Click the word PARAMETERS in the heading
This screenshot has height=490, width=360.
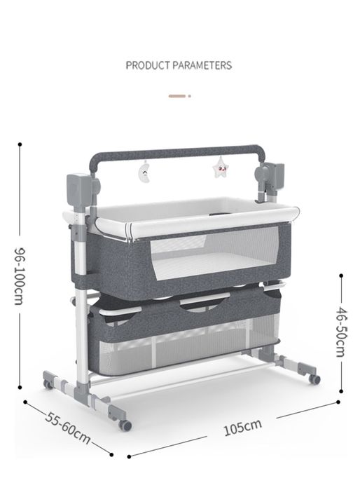pyautogui.click(x=202, y=65)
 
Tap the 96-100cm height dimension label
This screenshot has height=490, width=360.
pyautogui.click(x=20, y=275)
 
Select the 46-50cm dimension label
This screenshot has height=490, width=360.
pyautogui.click(x=341, y=332)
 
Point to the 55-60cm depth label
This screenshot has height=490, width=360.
pyautogui.click(x=68, y=428)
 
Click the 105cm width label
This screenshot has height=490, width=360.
pyautogui.click(x=242, y=427)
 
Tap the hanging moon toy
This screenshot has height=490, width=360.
pyautogui.click(x=144, y=171)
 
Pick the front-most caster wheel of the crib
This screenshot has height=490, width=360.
pyautogui.click(x=125, y=426)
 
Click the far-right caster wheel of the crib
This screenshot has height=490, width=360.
pyautogui.click(x=314, y=379)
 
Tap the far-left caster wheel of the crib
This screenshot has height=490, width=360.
pyautogui.click(x=48, y=384)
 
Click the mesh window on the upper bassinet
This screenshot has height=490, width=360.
pyautogui.click(x=214, y=252)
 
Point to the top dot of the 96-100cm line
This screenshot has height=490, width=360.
pyautogui.click(x=20, y=144)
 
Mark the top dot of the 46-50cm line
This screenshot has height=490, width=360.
pyautogui.click(x=341, y=275)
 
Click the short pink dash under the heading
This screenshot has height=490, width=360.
pyautogui.click(x=177, y=96)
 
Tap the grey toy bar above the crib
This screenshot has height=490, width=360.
pyautogui.click(x=178, y=154)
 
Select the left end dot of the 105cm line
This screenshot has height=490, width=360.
pyautogui.click(x=129, y=456)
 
